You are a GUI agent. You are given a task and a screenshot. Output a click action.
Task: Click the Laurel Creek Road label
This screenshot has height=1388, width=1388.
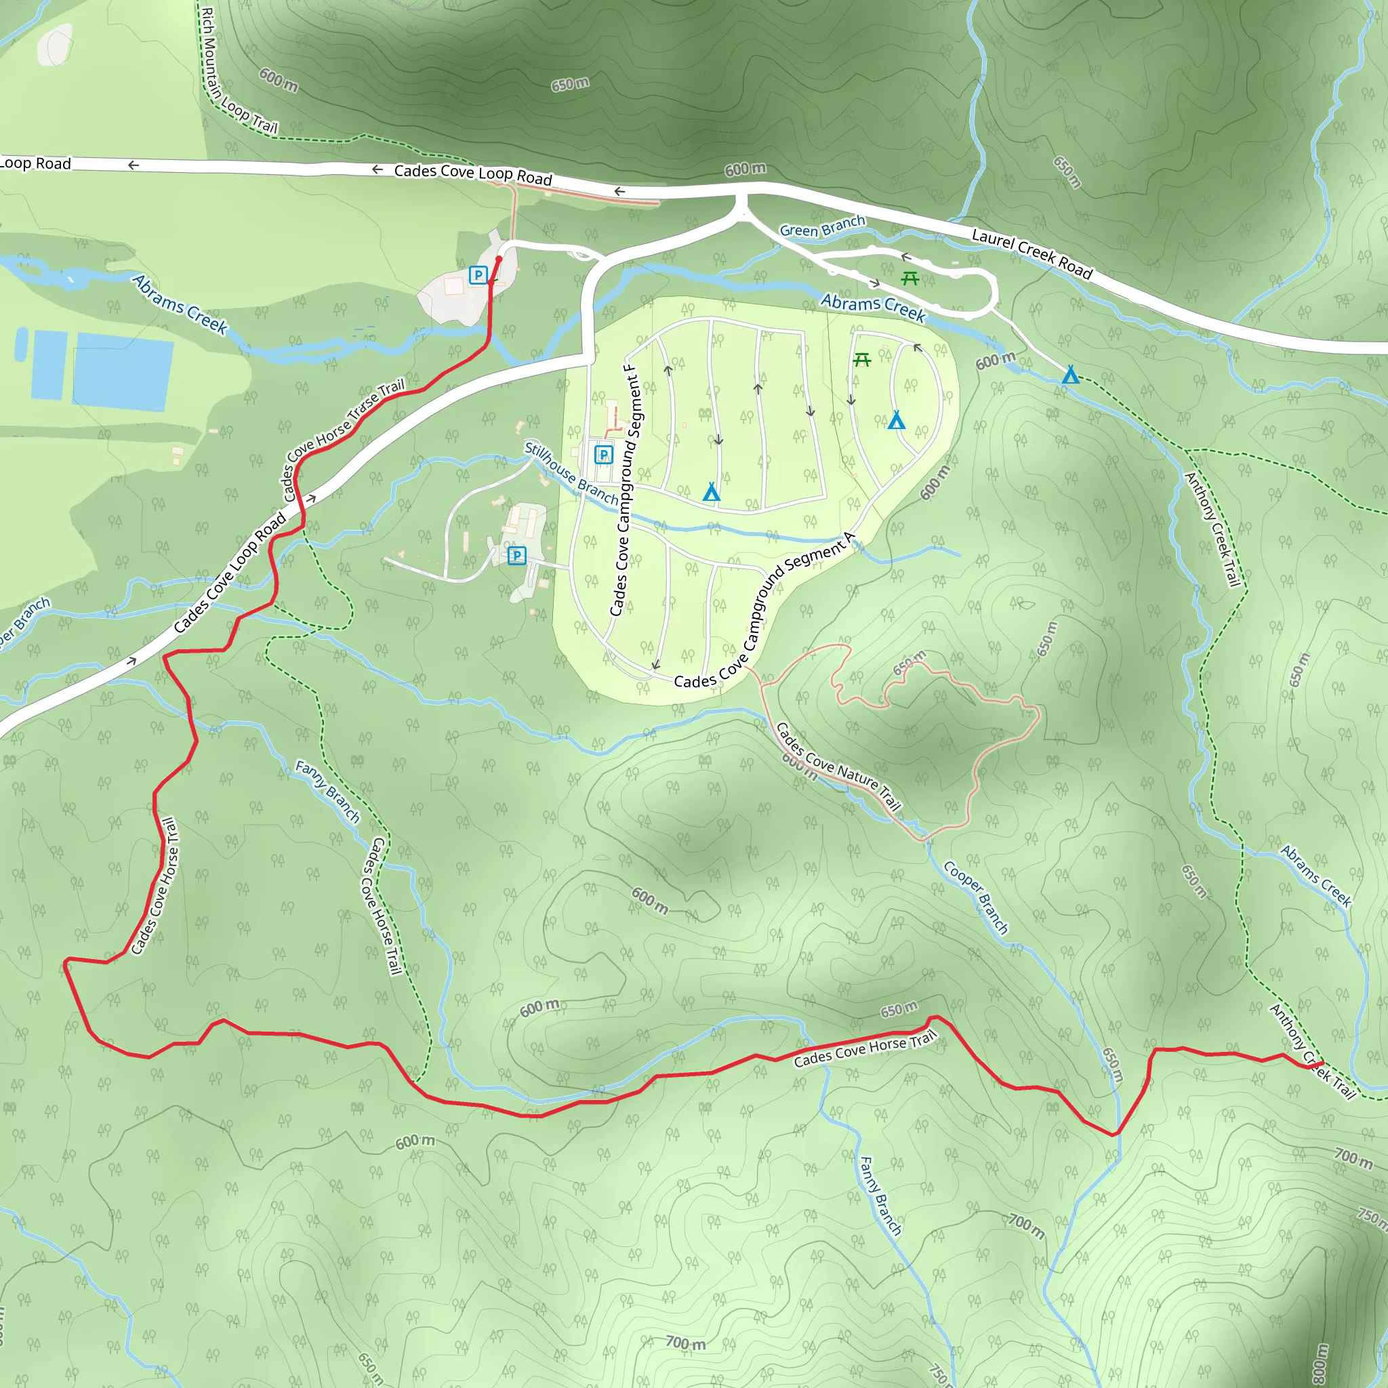[x=1032, y=253]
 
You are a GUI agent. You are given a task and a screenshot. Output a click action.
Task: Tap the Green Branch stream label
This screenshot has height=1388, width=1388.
[x=822, y=226]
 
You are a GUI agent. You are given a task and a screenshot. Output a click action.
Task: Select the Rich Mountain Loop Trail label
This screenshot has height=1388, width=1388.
[x=237, y=72]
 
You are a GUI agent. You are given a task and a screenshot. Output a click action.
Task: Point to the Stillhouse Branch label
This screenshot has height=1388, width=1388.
[x=571, y=474]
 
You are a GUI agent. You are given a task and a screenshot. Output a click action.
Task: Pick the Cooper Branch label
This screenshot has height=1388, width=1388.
[x=976, y=897]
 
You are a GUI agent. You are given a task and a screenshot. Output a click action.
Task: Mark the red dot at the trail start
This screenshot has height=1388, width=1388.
[x=499, y=260]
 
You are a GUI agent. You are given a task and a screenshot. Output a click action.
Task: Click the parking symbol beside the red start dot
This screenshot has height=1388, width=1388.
[x=478, y=274]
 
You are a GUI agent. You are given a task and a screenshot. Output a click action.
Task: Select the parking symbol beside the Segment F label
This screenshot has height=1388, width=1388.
[x=603, y=454]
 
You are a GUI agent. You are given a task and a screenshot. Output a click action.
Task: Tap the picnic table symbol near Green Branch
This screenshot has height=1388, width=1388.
[x=910, y=278]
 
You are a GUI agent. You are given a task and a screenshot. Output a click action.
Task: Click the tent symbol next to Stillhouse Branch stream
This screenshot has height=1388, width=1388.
[x=711, y=492]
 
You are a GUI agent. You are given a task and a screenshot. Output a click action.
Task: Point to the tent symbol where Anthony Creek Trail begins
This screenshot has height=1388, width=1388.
[x=1070, y=374]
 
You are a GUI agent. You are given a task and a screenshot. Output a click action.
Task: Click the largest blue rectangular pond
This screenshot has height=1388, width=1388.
[x=123, y=371]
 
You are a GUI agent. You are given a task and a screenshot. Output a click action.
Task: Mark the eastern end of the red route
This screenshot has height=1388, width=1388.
[x=1322, y=1063]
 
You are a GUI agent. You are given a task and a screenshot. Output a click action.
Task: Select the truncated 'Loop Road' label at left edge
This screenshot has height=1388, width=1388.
[x=36, y=164]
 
